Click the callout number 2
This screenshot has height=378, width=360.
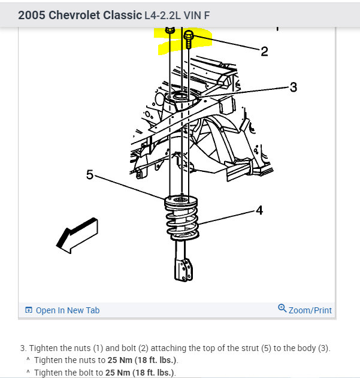point(264,52)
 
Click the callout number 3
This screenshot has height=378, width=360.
point(293,87)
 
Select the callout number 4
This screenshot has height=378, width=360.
point(259,210)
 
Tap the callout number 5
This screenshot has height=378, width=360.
point(90,175)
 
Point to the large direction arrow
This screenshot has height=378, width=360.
point(77,234)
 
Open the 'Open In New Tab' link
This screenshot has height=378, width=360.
point(67,310)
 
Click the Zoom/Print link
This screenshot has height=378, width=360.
point(310,310)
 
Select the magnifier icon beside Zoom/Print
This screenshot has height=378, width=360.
point(282,309)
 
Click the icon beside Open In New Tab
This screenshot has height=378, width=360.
point(28,310)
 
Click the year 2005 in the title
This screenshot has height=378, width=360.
point(32,16)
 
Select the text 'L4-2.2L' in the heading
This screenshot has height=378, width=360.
point(163,16)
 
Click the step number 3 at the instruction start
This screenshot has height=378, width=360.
point(22,348)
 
